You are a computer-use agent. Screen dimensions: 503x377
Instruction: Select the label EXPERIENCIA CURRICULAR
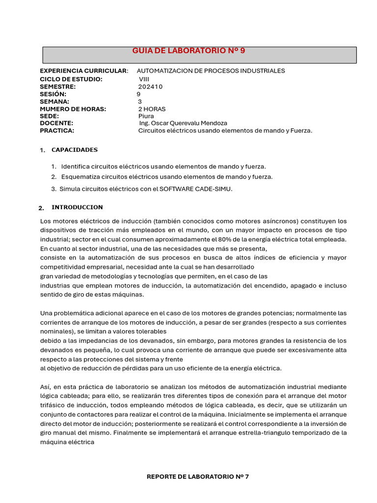pyautogui.click(x=83, y=71)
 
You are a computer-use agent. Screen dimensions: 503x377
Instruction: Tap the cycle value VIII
pyautogui.click(x=144, y=79)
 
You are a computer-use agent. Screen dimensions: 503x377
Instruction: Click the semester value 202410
pyautogui.click(x=150, y=86)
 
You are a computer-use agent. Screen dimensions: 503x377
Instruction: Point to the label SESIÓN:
pyautogui.click(x=53, y=94)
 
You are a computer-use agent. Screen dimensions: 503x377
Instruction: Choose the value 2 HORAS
pyautogui.click(x=152, y=109)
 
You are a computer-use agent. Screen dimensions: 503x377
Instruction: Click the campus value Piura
pyautogui.click(x=146, y=116)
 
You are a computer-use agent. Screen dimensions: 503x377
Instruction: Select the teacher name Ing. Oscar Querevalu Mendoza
pyautogui.click(x=183, y=123)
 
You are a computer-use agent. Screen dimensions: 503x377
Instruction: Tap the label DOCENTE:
pyautogui.click(x=56, y=123)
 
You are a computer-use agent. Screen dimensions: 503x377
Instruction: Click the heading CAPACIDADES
pyautogui.click(x=75, y=150)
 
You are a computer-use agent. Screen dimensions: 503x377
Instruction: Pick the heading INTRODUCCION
pyautogui.click(x=77, y=207)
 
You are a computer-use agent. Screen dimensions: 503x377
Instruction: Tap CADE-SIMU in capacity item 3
pyautogui.click(x=215, y=189)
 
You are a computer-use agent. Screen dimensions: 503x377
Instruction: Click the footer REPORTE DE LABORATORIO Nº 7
pyautogui.click(x=198, y=476)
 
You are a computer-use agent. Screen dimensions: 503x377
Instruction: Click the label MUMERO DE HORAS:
pyautogui.click(x=73, y=109)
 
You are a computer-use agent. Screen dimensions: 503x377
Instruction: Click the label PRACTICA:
pyautogui.click(x=57, y=131)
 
